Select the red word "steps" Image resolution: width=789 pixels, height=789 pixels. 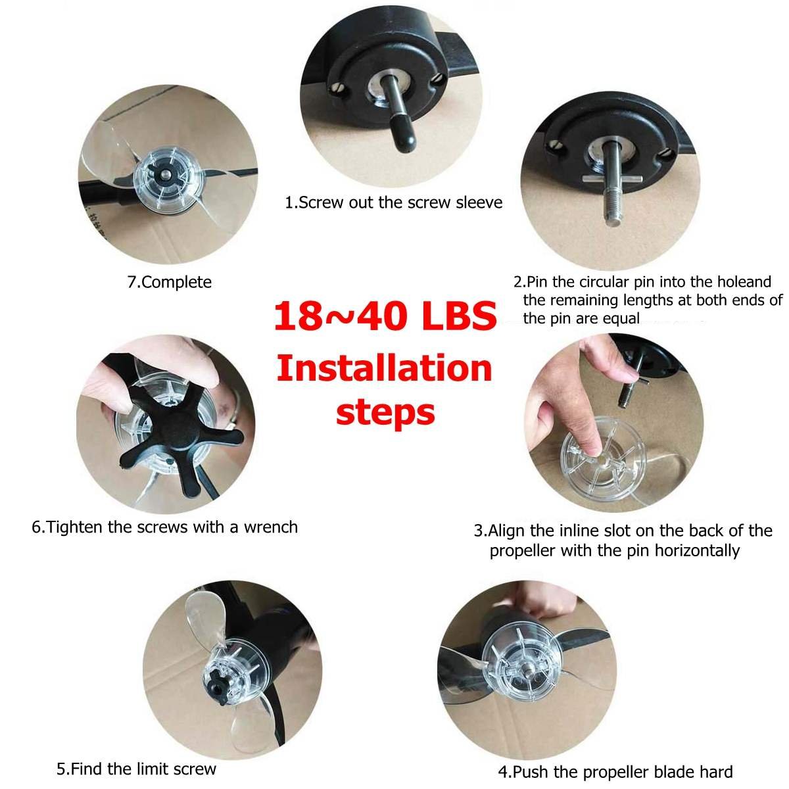point(385,413)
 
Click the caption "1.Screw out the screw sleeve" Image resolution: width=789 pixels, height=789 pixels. point(393,203)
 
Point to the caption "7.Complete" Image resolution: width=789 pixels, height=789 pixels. point(169,282)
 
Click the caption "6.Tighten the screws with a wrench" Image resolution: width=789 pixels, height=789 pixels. point(164,527)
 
